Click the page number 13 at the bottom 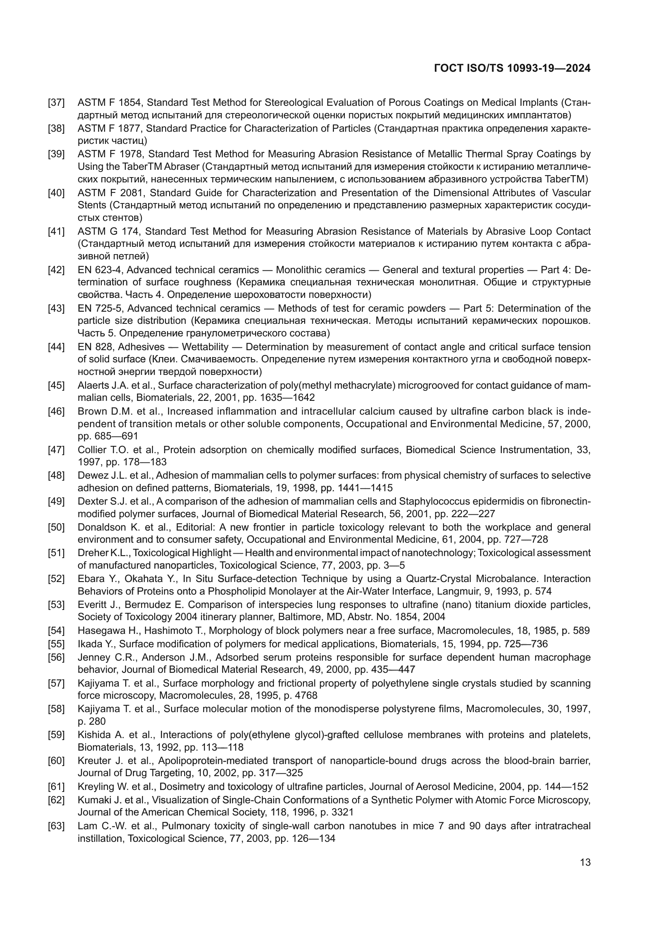coord(585,862)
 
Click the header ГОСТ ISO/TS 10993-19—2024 coord(512,68)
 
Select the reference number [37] coord(56,103)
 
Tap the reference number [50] coord(56,527)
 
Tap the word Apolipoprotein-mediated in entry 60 coord(212,760)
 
